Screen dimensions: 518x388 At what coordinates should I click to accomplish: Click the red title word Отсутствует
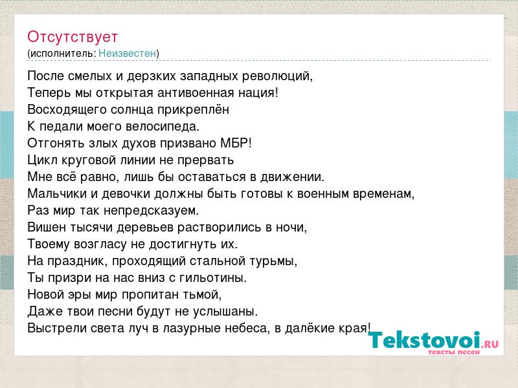click(73, 37)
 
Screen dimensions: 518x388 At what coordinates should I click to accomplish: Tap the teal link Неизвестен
click(127, 53)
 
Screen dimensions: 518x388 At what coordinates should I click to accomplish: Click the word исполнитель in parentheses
click(63, 54)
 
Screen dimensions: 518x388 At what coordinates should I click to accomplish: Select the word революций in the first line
click(277, 76)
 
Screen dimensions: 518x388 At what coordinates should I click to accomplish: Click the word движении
click(292, 177)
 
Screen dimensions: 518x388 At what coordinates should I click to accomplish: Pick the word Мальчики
click(59, 193)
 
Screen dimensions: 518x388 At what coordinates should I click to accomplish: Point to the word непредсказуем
click(151, 211)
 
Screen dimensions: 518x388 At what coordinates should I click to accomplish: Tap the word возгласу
click(100, 244)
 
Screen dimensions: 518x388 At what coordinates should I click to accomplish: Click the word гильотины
click(213, 278)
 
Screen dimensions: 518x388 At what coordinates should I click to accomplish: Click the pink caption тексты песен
click(453, 352)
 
